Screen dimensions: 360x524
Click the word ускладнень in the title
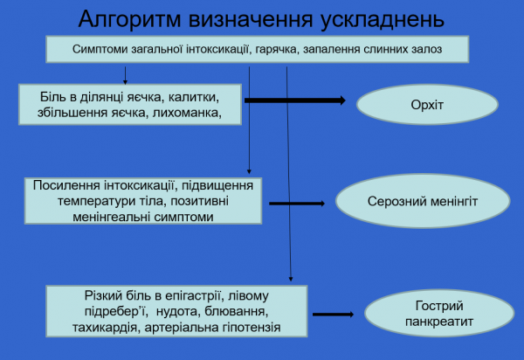pos(376,19)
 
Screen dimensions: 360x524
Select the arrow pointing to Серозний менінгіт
pos(296,204)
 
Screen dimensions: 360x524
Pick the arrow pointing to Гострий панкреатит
pos(332,314)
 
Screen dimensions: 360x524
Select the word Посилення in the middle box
pos(63,186)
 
